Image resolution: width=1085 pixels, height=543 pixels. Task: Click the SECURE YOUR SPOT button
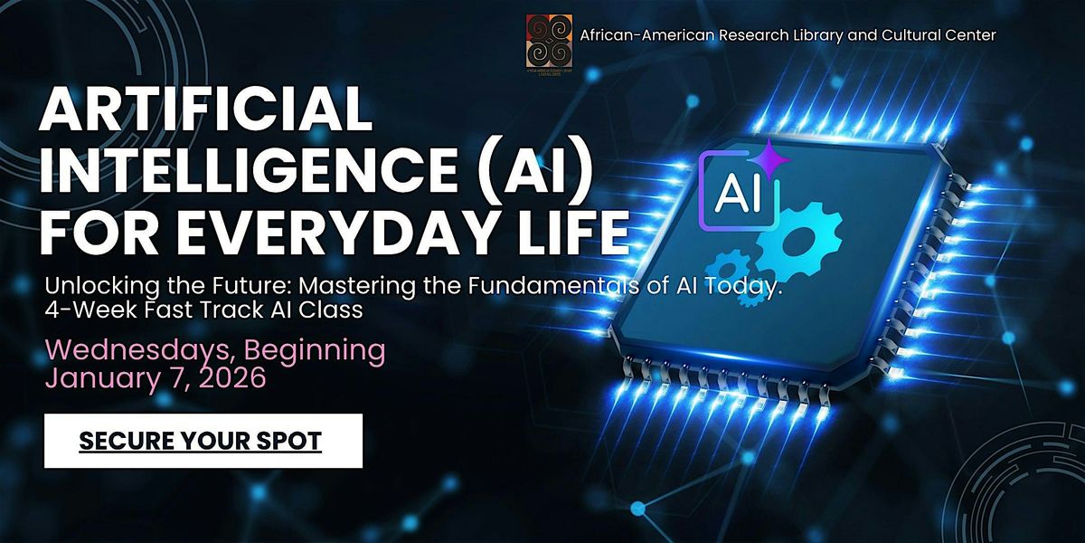tap(203, 441)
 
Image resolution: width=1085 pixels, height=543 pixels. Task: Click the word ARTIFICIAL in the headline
tap(205, 111)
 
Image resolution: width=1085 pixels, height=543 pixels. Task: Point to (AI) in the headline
tap(522, 171)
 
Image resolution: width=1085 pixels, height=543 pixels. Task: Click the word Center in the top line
tap(972, 35)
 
